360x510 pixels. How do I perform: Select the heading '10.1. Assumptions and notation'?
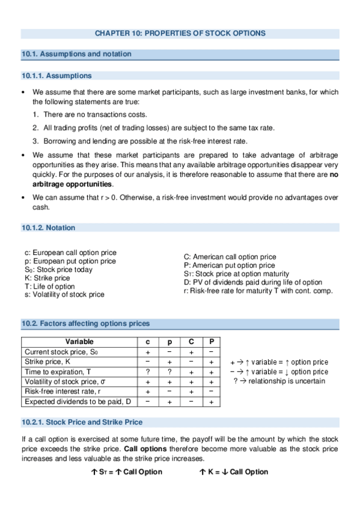coord(76,54)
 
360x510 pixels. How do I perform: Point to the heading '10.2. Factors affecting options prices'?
coord(86,324)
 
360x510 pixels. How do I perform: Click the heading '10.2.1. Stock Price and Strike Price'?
coord(82,422)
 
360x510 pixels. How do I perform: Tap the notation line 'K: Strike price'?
coord(47,278)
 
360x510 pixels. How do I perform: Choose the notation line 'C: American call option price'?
coord(230,257)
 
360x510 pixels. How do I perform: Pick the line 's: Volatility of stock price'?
coord(64,295)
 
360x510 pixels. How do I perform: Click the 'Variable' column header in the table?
coord(79,342)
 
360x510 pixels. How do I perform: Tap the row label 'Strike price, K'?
coord(47,361)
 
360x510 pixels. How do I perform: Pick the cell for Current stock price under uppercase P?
coord(211,352)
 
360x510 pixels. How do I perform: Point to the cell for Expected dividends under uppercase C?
coord(191,401)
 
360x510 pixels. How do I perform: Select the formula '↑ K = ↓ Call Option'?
coord(233,472)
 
